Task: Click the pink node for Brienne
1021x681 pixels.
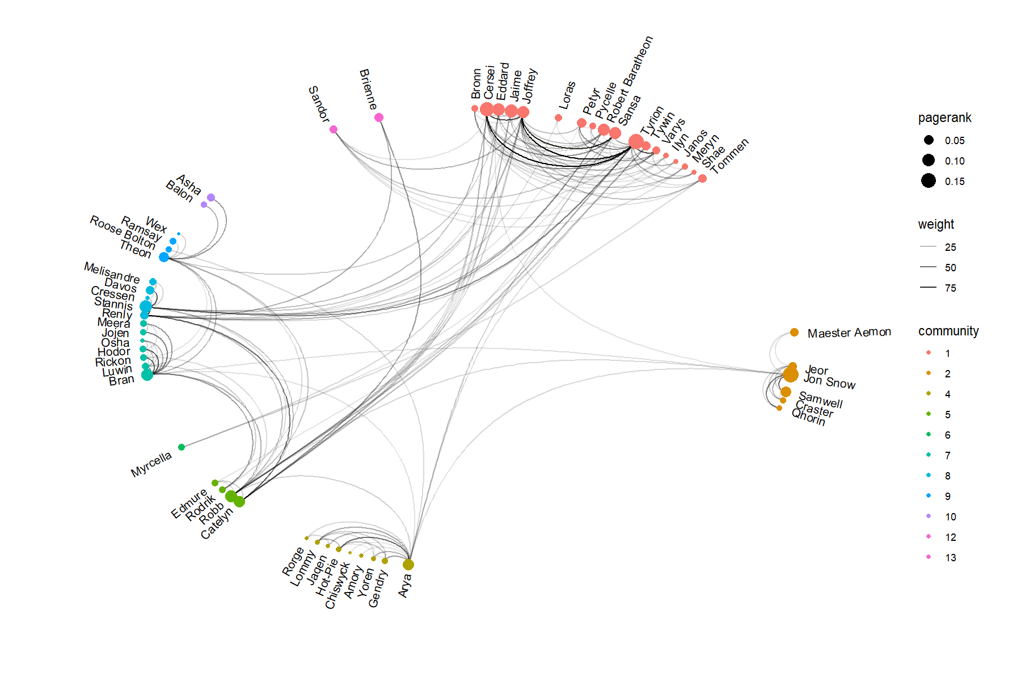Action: (x=379, y=117)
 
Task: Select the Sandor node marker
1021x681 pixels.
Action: (x=334, y=129)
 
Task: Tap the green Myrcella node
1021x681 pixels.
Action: (x=182, y=447)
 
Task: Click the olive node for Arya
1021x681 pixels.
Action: (x=408, y=565)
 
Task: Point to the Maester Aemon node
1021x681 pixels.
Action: (x=794, y=333)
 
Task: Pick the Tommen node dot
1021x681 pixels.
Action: (x=702, y=178)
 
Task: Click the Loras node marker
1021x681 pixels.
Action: (x=559, y=117)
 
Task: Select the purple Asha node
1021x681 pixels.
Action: (x=211, y=197)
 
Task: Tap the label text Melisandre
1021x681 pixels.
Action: (x=112, y=272)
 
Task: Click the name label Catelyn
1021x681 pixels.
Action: (x=217, y=523)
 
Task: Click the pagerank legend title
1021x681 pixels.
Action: (x=944, y=118)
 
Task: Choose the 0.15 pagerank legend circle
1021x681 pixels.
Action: (x=929, y=181)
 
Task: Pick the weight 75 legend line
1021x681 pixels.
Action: (x=929, y=288)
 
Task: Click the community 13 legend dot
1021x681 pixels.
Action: (x=929, y=557)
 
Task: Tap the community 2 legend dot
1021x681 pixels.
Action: (x=929, y=373)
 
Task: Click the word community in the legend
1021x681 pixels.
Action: (x=948, y=331)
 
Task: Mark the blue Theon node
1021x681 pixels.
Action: (x=164, y=257)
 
